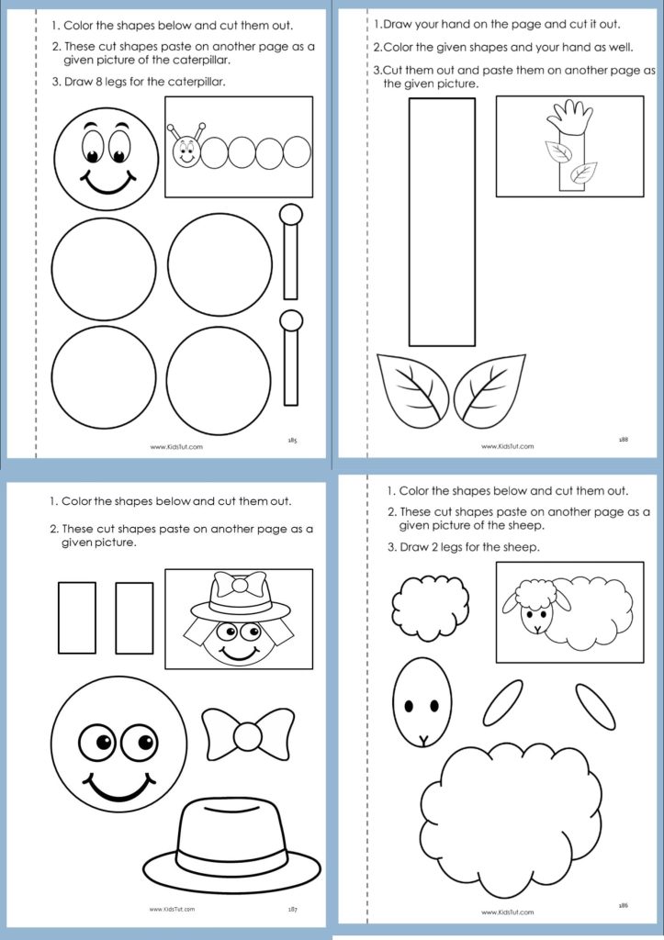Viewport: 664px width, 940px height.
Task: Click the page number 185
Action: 293,440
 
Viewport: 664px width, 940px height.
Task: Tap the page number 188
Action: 624,440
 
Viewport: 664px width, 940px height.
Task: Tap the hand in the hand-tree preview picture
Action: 570,117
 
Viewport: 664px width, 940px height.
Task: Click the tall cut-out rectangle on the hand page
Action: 442,222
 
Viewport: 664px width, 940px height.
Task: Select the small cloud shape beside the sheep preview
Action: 431,608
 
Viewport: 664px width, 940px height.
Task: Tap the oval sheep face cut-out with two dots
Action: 422,701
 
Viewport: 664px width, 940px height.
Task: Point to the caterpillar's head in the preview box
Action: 186,150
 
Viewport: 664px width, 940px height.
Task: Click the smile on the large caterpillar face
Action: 108,183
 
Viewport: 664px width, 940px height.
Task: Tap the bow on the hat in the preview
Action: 240,585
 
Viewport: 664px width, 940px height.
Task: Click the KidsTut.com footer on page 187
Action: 172,910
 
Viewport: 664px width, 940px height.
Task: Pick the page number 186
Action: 624,905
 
